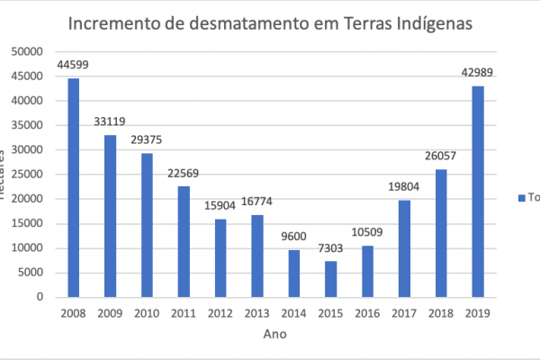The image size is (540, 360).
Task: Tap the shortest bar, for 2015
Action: [x=331, y=279]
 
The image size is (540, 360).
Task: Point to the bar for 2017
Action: [x=404, y=248]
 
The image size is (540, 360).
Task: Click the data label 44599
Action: [x=73, y=65]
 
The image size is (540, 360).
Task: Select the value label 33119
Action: [x=110, y=121]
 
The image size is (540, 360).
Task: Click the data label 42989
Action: [x=478, y=73]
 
